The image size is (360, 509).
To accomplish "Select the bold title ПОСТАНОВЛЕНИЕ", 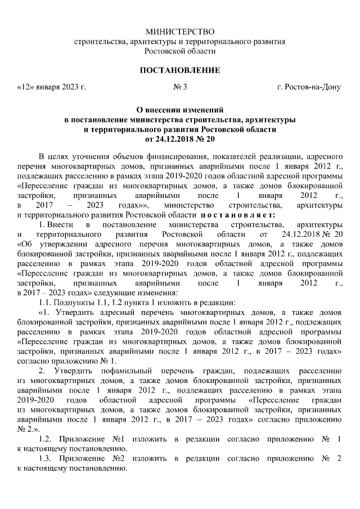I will coord(180,70).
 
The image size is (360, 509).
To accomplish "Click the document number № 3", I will coord(180,87).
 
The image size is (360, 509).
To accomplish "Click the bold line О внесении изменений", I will coord(180,111).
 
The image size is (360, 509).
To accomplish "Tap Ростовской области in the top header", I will coord(180,51).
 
